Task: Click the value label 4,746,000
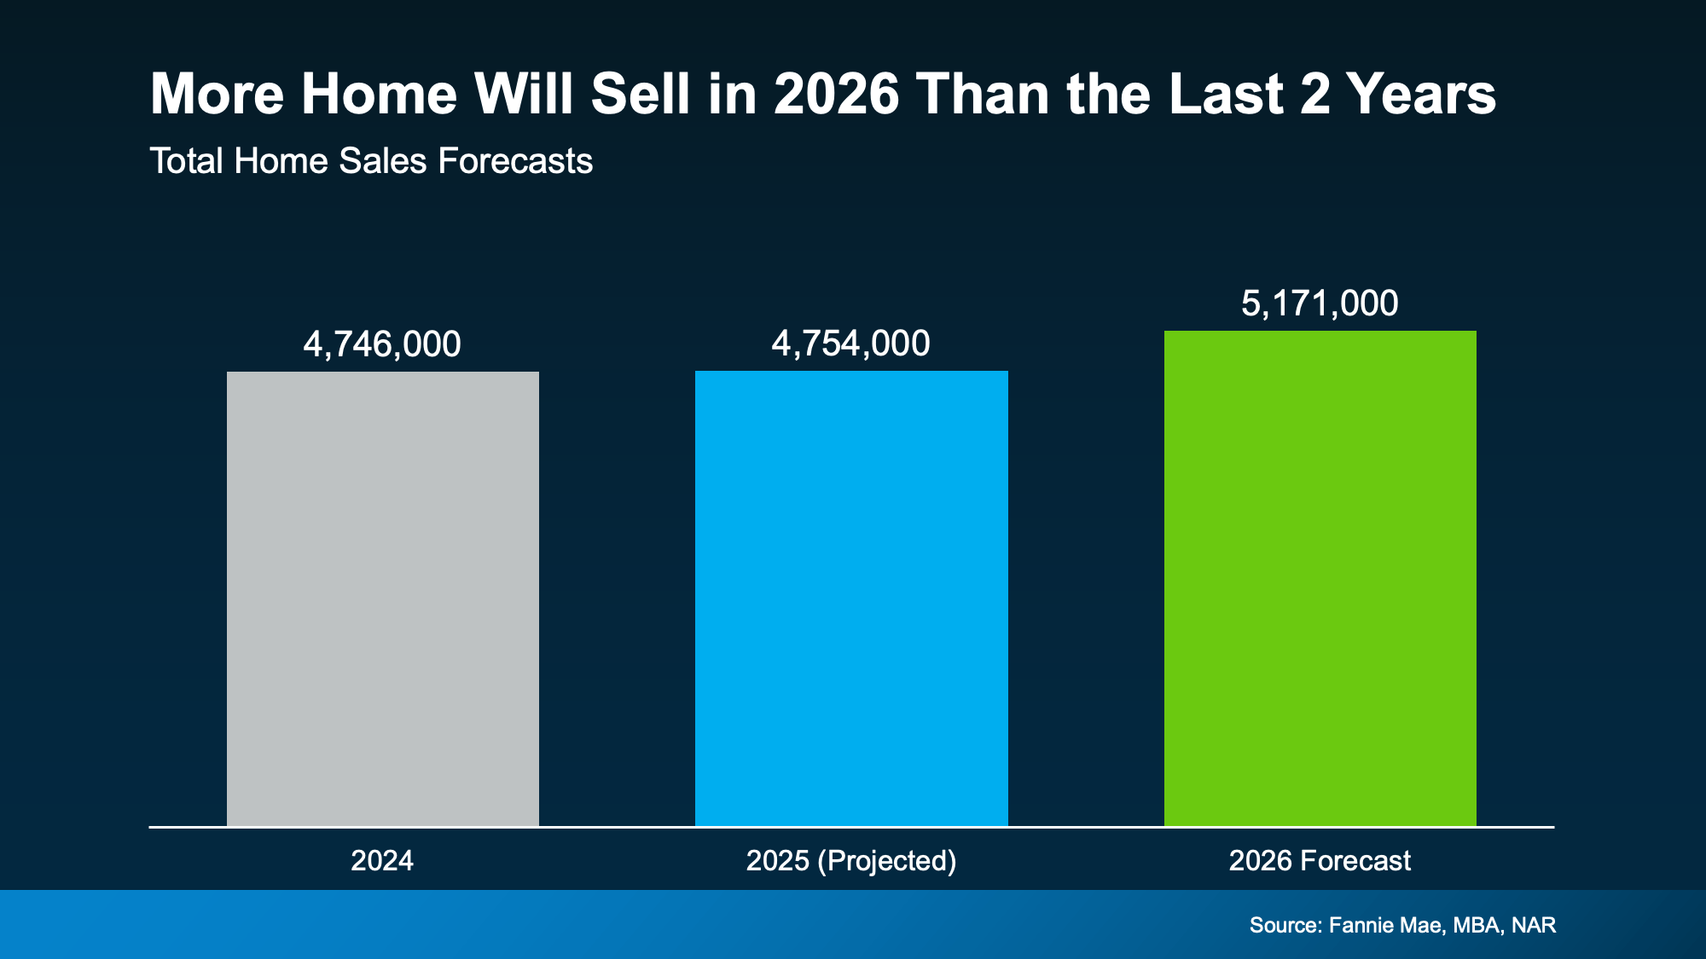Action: (x=382, y=344)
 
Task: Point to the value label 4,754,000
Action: (x=850, y=344)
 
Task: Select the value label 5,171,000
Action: (x=1320, y=303)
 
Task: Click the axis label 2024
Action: (x=382, y=860)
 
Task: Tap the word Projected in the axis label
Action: (x=886, y=860)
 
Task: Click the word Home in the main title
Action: (x=379, y=94)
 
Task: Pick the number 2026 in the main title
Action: (x=836, y=94)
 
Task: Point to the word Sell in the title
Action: (x=640, y=94)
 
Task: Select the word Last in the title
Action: (x=1226, y=94)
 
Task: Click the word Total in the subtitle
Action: (x=187, y=161)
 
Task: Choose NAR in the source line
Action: (x=1534, y=925)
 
